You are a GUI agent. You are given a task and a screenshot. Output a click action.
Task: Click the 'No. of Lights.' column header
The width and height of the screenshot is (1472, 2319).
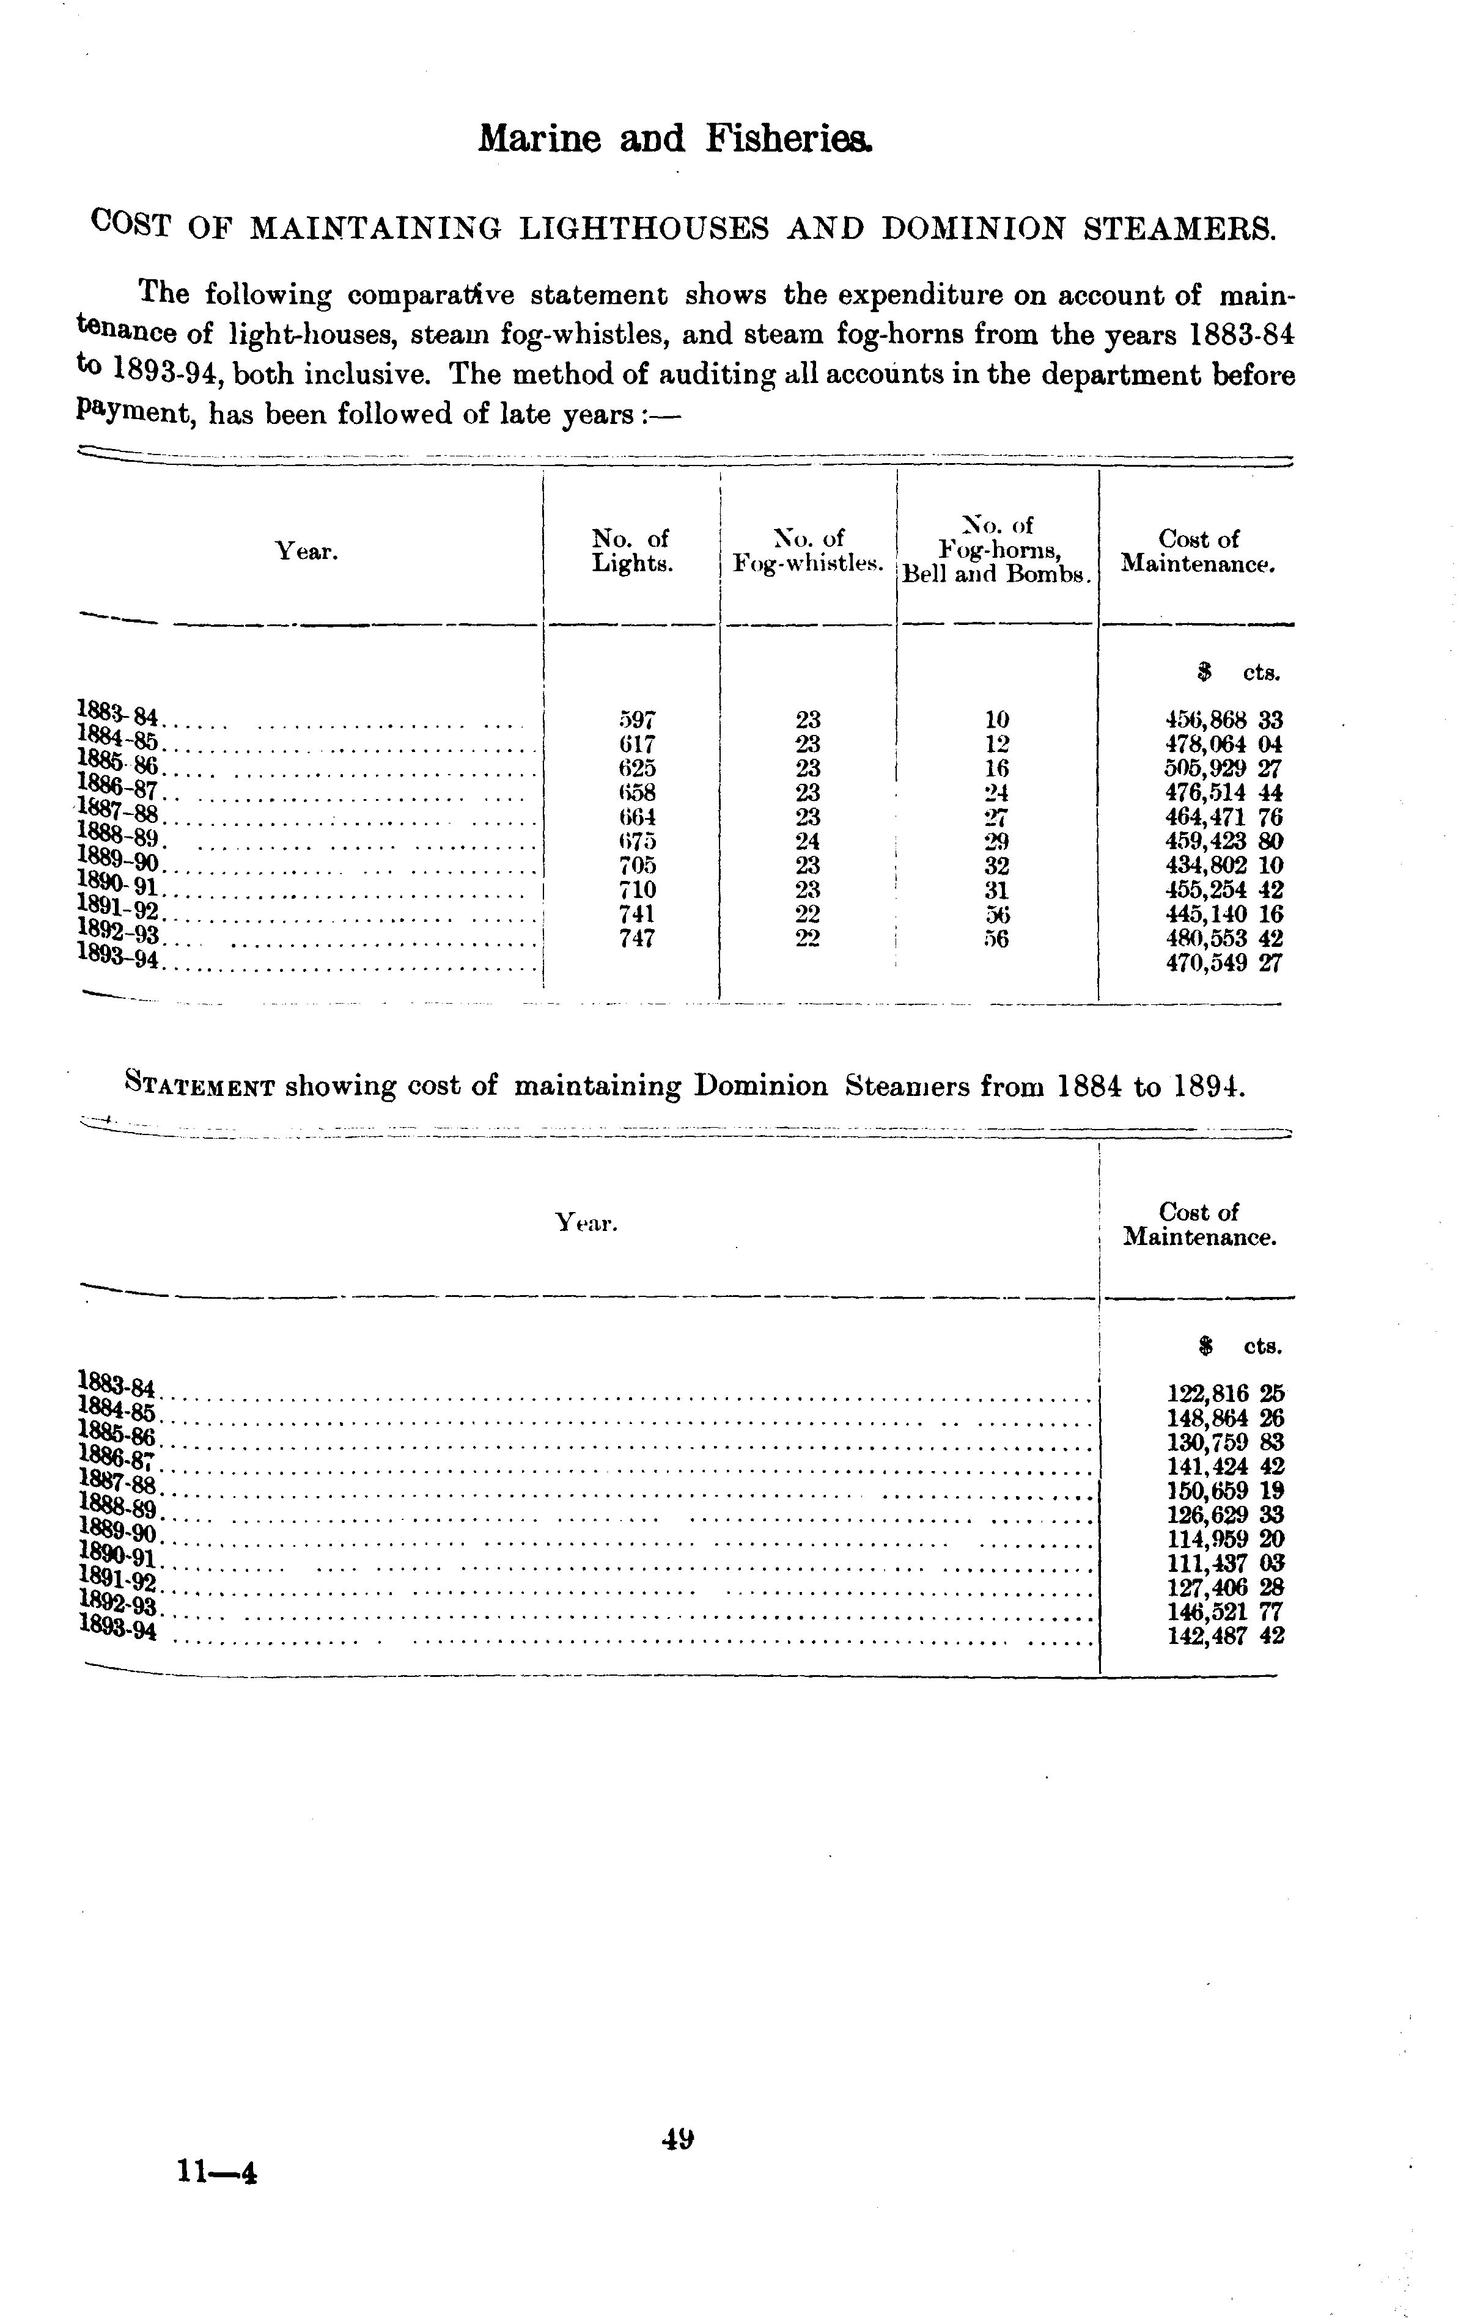click(631, 551)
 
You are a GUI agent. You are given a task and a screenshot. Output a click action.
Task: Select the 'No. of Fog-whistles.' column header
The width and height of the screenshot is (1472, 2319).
click(808, 551)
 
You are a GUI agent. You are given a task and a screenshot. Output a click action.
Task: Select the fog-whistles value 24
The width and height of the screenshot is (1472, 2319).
click(808, 841)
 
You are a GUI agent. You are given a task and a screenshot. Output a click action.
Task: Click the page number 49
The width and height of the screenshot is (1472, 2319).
click(678, 2139)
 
